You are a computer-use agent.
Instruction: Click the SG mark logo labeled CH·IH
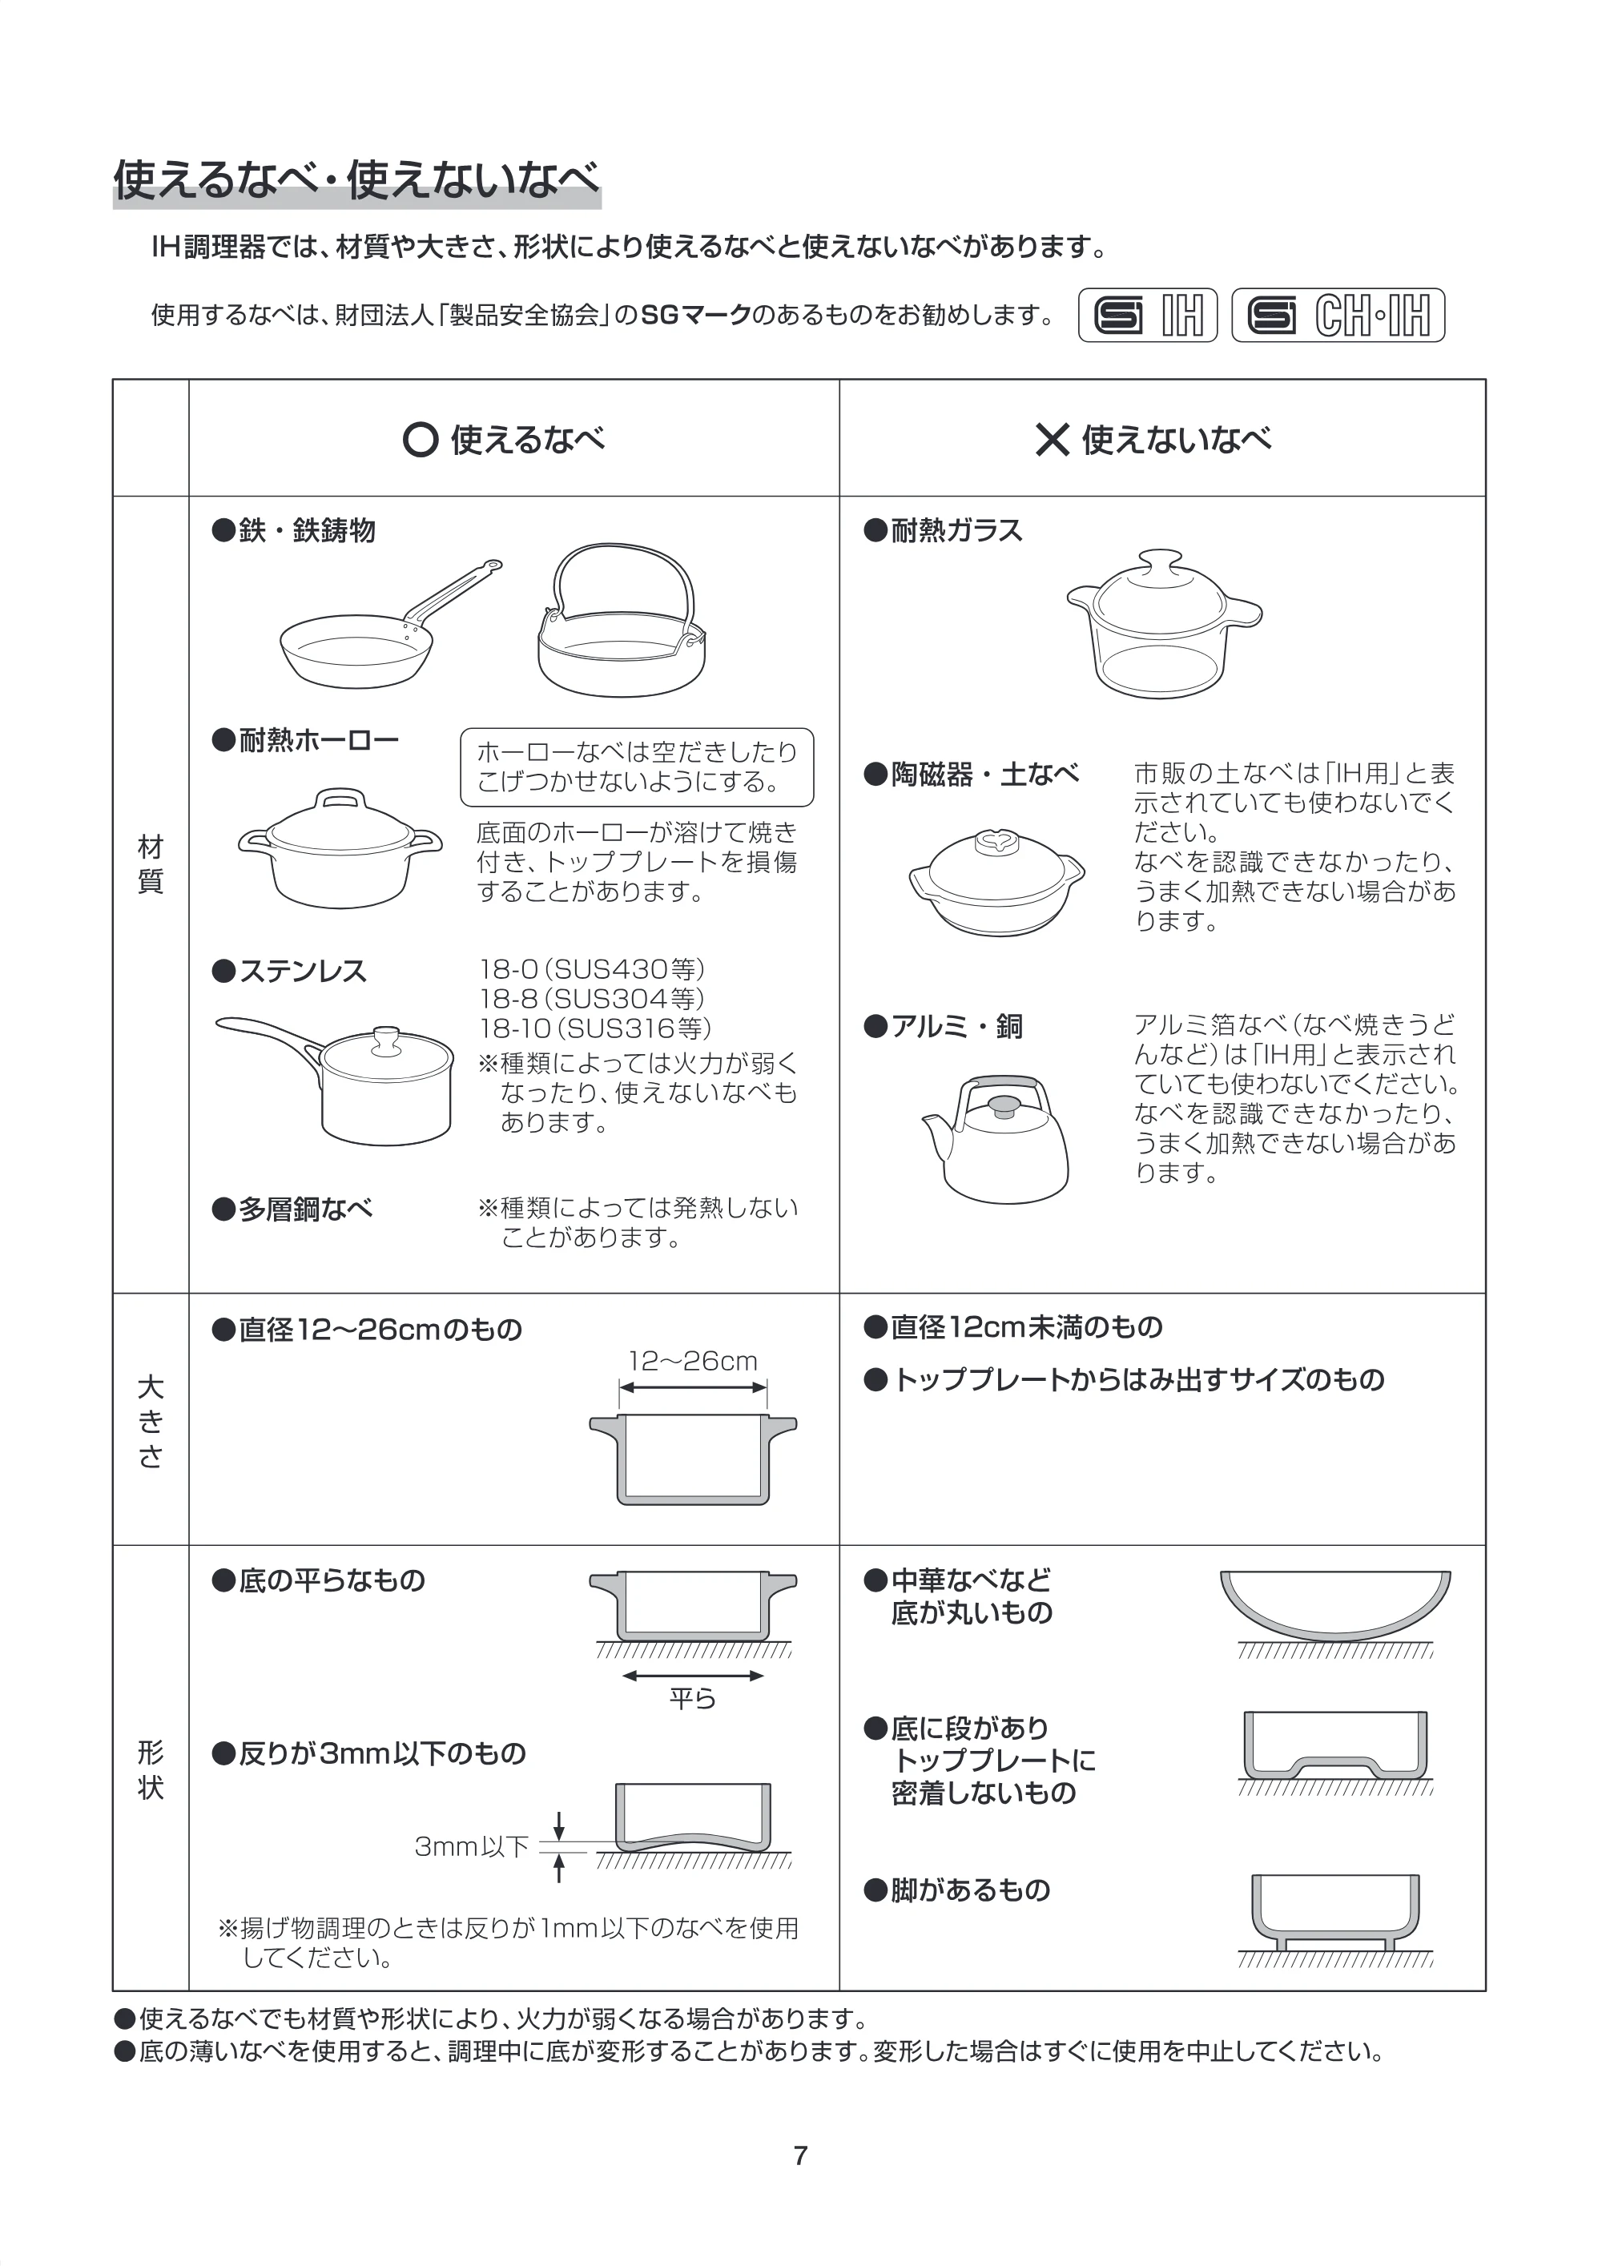pyautogui.click(x=1338, y=316)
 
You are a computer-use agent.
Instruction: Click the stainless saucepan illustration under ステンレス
pyautogui.click(x=335, y=1081)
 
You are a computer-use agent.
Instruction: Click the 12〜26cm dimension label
pyautogui.click(x=693, y=1362)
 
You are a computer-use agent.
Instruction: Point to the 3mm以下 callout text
pyautogui.click(x=472, y=1846)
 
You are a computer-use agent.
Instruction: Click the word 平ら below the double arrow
pyautogui.click(x=692, y=1699)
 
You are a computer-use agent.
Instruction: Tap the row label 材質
pyautogui.click(x=150, y=864)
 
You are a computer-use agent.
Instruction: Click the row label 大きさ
pyautogui.click(x=150, y=1423)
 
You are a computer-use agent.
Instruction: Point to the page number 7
pyautogui.click(x=800, y=2156)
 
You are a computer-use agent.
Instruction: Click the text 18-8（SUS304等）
pyautogui.click(x=592, y=999)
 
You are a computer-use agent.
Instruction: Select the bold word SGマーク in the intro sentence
pyautogui.click(x=696, y=316)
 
